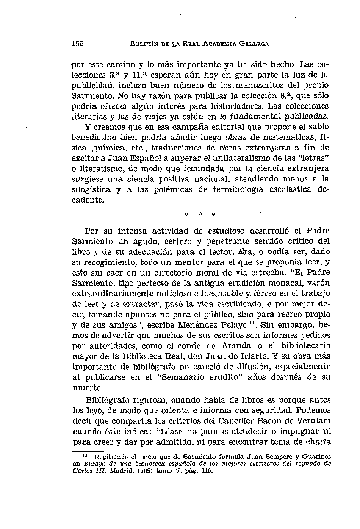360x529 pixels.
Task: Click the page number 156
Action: [x=77, y=44]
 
